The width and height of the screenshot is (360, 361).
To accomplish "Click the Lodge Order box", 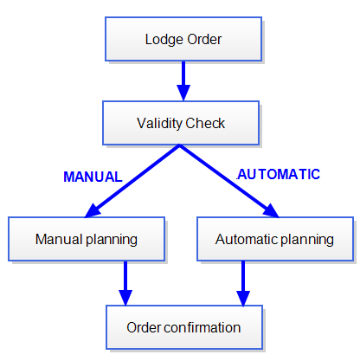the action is tap(183, 39).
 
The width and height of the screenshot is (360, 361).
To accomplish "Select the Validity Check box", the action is tap(181, 123).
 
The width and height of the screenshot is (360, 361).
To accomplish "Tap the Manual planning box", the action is tap(87, 239).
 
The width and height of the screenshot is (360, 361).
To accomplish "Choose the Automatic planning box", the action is tap(275, 239).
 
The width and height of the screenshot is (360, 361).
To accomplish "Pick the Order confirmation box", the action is tap(184, 327).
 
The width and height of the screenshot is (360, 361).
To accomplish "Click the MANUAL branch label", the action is tap(93, 177).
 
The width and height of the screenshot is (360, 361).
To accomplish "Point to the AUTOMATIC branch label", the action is tap(279, 174).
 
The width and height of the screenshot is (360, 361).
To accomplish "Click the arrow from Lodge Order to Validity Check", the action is tap(183, 81).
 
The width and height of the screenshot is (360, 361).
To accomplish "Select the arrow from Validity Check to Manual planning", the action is tap(132, 181).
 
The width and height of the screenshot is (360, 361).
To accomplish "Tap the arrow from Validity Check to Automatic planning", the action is tap(229, 181).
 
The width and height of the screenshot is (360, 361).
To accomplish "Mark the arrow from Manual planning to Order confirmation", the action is tap(125, 283).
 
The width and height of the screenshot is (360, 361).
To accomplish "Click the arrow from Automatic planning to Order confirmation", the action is tap(243, 283).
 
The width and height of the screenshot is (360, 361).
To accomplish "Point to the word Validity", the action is tap(160, 124).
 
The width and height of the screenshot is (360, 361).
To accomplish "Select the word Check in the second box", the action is tap(205, 123).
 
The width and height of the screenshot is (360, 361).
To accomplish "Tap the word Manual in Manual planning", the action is tap(59, 239).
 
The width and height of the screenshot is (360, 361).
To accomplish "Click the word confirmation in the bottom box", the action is tap(202, 327).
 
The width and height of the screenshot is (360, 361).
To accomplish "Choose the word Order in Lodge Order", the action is tap(204, 39).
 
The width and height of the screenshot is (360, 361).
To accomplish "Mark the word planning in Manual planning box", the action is tap(112, 240).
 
